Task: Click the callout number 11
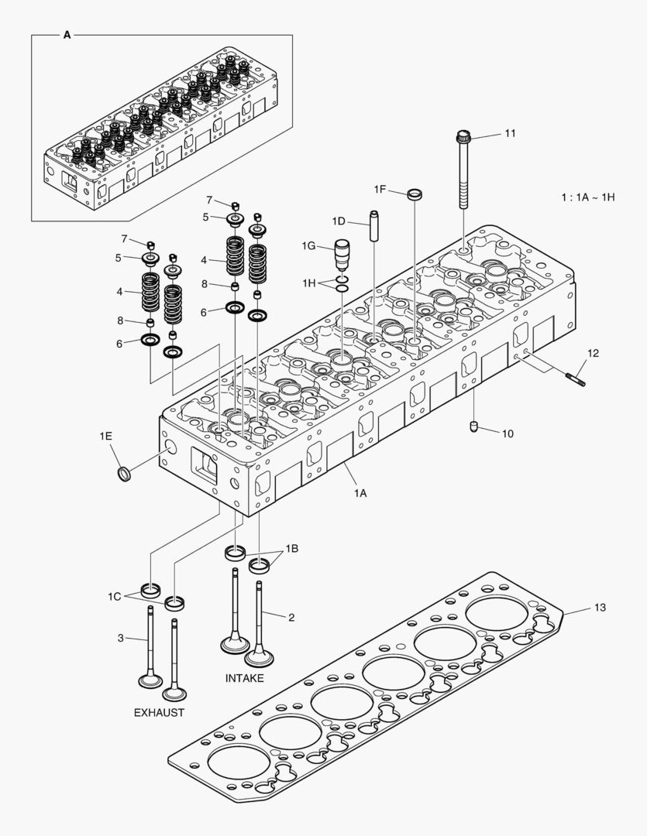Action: pos(509,134)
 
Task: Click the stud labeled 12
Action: pos(576,378)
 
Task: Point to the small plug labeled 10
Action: pos(474,427)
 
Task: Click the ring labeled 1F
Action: pos(415,193)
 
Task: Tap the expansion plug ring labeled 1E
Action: pos(122,472)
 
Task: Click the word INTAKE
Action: pos(244,678)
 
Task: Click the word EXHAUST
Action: pos(159,712)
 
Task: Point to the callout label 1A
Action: pos(360,493)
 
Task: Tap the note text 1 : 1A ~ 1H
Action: pos(588,197)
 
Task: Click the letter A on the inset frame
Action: pos(66,36)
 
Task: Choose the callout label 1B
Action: pos(291,549)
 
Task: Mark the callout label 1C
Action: pos(115,596)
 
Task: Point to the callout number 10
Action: pos(507,433)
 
